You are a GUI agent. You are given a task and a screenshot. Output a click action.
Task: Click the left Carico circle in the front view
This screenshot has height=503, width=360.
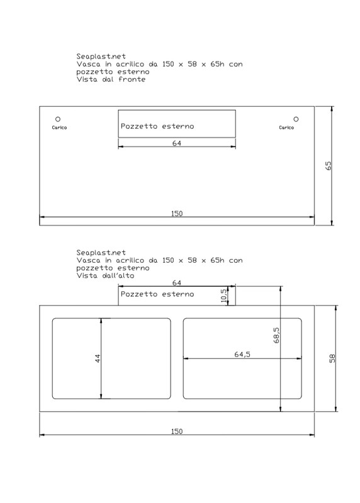59,118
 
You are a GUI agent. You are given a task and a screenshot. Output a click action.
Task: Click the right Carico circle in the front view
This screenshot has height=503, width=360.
295,118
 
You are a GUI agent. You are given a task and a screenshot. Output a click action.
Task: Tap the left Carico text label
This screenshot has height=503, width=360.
59,128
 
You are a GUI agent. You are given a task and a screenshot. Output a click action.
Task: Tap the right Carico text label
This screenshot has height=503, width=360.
286,128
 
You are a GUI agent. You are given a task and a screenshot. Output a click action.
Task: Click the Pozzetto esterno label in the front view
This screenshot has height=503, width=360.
157,126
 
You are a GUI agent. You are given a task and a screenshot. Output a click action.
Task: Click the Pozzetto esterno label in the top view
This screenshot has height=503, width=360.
157,294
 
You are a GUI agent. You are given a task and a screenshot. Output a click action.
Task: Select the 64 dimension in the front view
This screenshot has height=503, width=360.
176,143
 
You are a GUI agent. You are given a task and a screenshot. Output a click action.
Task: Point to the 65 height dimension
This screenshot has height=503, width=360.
328,165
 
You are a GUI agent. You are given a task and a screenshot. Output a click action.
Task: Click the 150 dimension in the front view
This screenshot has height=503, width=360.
177,214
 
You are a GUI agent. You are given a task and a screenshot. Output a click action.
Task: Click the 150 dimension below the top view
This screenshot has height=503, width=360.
177,431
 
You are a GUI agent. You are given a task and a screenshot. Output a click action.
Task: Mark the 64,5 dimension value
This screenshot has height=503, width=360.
242,355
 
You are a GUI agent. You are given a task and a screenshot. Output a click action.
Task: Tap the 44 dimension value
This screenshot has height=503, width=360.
98,358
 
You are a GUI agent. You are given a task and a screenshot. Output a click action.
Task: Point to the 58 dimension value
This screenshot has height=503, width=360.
332,358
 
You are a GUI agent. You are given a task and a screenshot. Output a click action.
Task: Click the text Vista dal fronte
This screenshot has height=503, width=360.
111,80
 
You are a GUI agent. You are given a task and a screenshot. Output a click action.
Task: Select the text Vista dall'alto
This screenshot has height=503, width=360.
105,275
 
